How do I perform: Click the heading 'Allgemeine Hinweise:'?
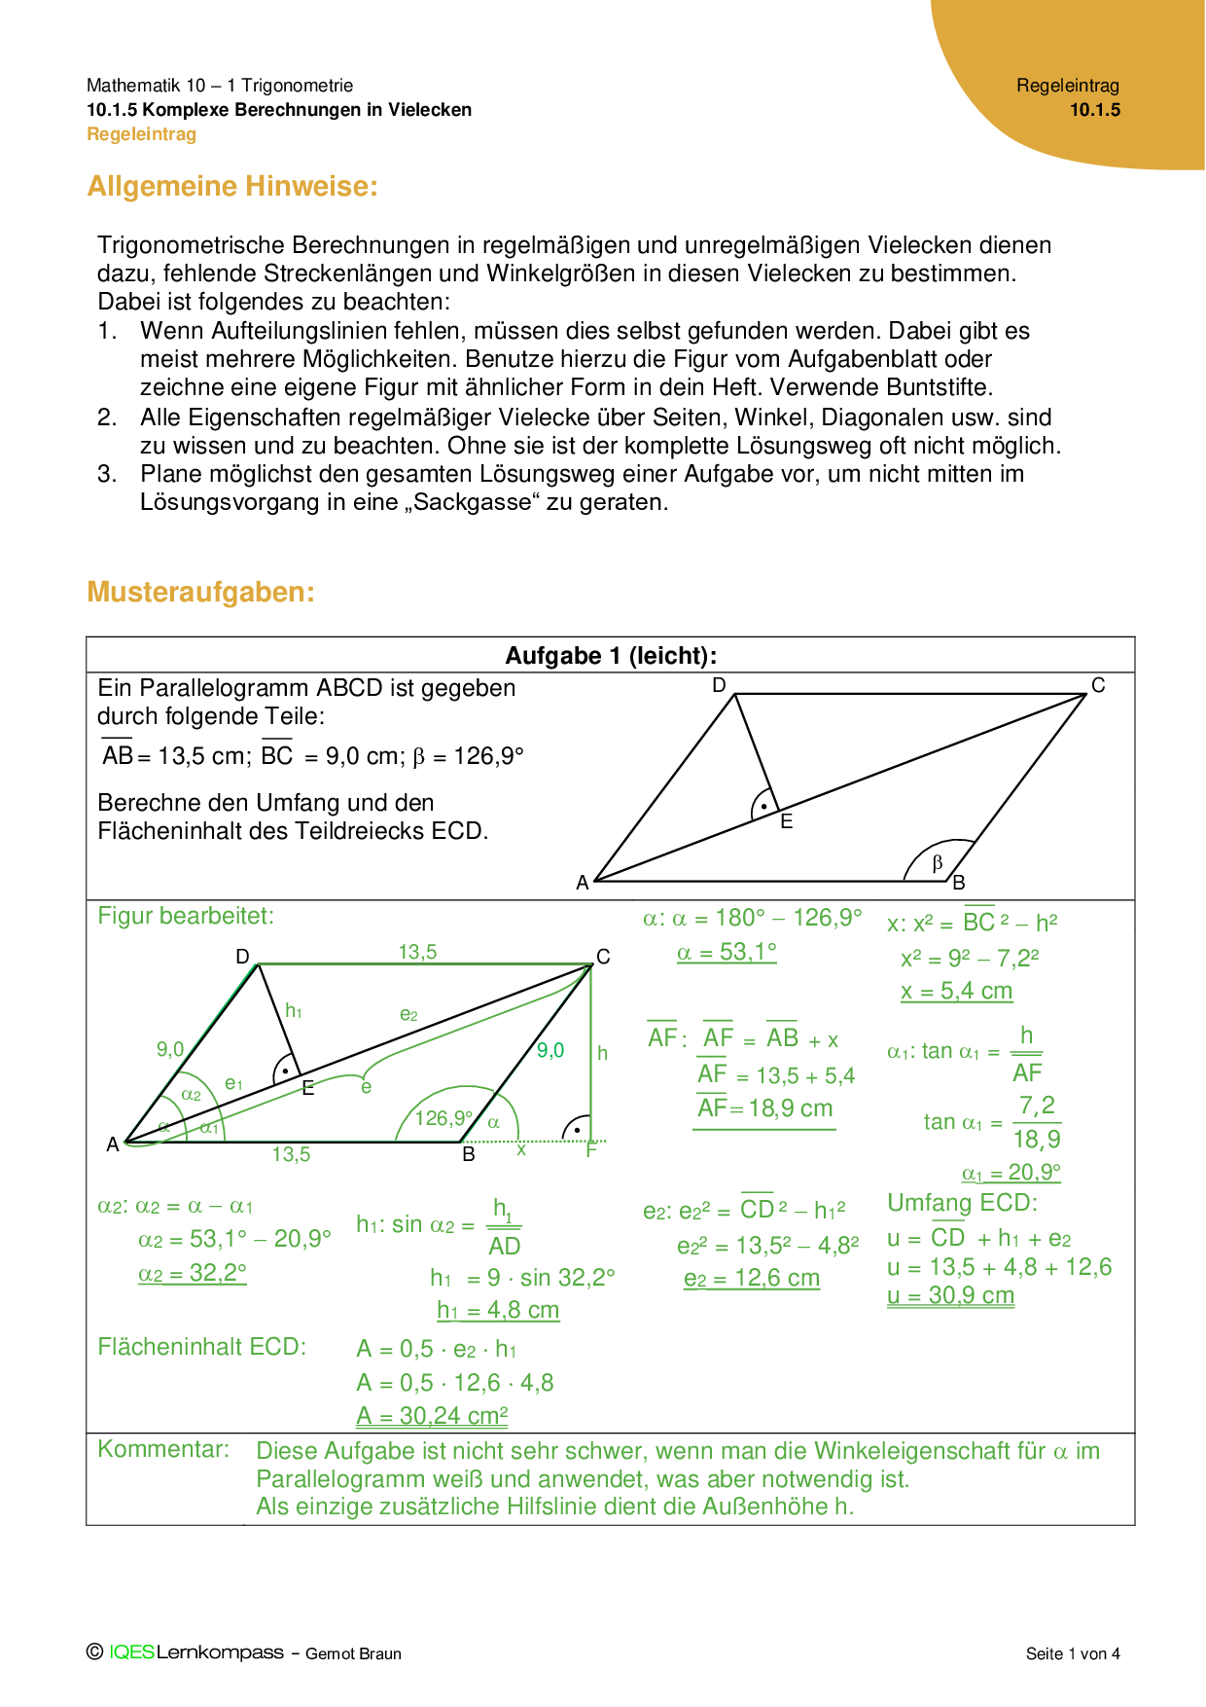click(232, 186)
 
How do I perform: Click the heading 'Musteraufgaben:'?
click(200, 592)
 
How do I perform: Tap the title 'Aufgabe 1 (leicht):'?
click(611, 655)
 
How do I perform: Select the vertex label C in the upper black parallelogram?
click(1098, 685)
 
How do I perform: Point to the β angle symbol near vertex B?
click(938, 862)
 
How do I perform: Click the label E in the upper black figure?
click(787, 821)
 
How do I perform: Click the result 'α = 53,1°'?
click(727, 952)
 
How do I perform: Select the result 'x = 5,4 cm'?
click(956, 991)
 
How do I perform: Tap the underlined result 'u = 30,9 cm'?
click(950, 1296)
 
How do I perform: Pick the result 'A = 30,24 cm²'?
click(432, 1416)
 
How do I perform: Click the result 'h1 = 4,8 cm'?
click(498, 1310)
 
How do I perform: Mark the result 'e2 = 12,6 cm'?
click(752, 1278)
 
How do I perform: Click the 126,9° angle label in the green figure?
click(443, 1118)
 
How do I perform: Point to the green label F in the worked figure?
click(590, 1151)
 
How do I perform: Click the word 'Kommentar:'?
click(163, 1449)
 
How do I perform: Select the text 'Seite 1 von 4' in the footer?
click(1073, 1653)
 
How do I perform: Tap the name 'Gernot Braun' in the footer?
click(353, 1653)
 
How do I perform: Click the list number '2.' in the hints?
click(107, 418)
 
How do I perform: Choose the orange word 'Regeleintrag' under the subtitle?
click(142, 134)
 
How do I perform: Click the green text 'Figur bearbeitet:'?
click(186, 916)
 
